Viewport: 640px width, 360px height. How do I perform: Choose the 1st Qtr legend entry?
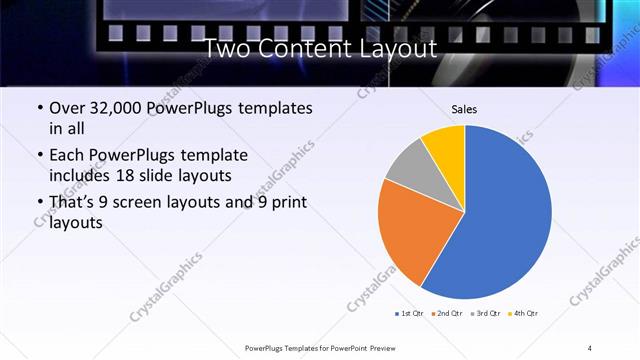coord(409,314)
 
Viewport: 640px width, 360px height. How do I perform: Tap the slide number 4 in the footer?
coord(590,347)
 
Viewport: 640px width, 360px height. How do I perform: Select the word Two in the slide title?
coord(228,48)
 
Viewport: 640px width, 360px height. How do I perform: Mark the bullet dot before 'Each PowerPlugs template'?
coord(39,156)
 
